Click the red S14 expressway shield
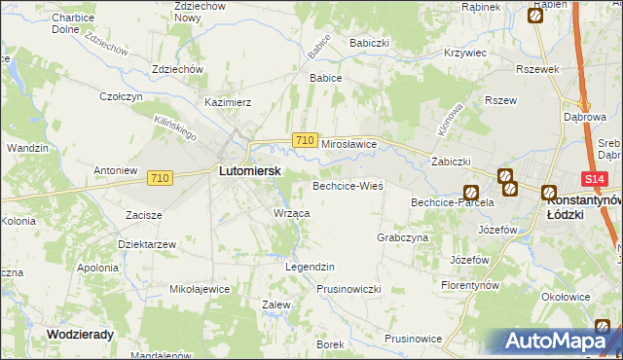coord(596,179)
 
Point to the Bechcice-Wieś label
coord(348,185)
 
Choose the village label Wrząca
coord(291,213)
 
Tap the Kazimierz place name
coord(228,101)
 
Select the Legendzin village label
coord(310,267)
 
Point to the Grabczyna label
coord(402,237)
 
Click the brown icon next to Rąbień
coord(536,16)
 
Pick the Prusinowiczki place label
coord(348,289)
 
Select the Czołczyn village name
coord(122,97)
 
